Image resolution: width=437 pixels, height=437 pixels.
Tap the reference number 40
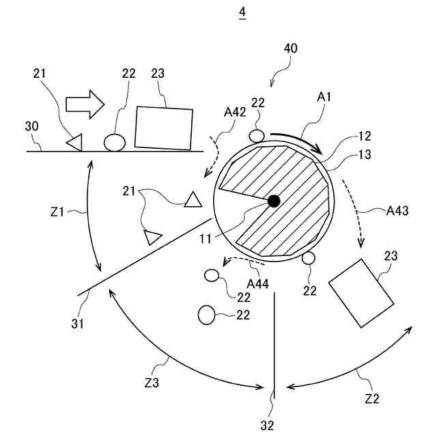290,48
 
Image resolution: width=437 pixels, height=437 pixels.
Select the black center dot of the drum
274,201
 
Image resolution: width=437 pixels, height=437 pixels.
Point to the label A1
324,97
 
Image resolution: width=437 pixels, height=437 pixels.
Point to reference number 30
32,126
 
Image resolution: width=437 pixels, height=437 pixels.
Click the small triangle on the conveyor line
74,142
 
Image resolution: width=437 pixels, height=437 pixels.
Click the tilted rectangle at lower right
361,293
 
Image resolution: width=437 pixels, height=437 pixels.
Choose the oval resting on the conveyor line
115,142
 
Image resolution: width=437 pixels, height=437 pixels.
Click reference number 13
364,154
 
